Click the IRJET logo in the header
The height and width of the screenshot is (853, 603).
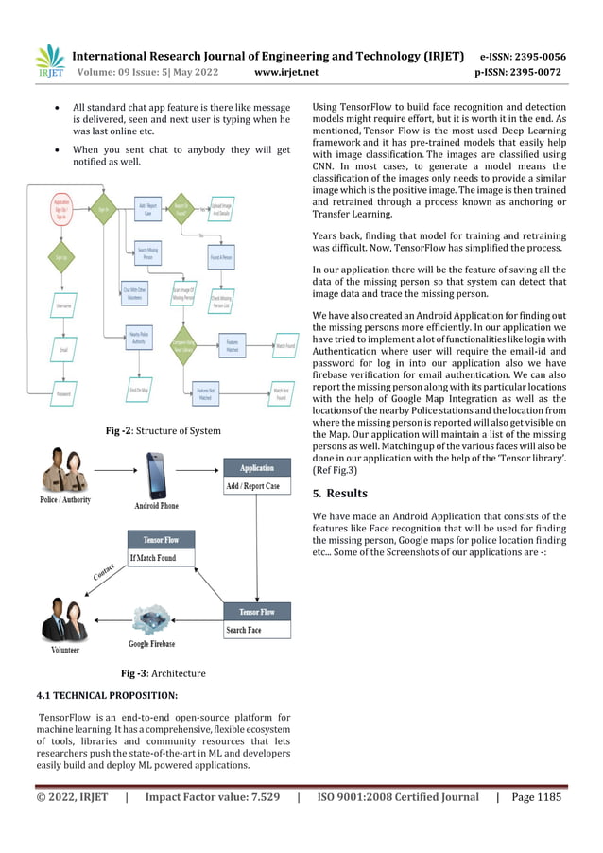click(x=48, y=62)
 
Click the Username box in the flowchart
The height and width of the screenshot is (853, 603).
click(x=62, y=306)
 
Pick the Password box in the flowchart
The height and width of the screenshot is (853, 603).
click(x=62, y=393)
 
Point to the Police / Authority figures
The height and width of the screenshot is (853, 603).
click(x=63, y=478)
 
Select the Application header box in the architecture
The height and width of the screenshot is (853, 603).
click(x=257, y=468)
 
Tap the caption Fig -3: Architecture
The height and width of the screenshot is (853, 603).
click(x=163, y=673)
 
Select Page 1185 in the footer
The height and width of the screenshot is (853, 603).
click(x=537, y=797)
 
